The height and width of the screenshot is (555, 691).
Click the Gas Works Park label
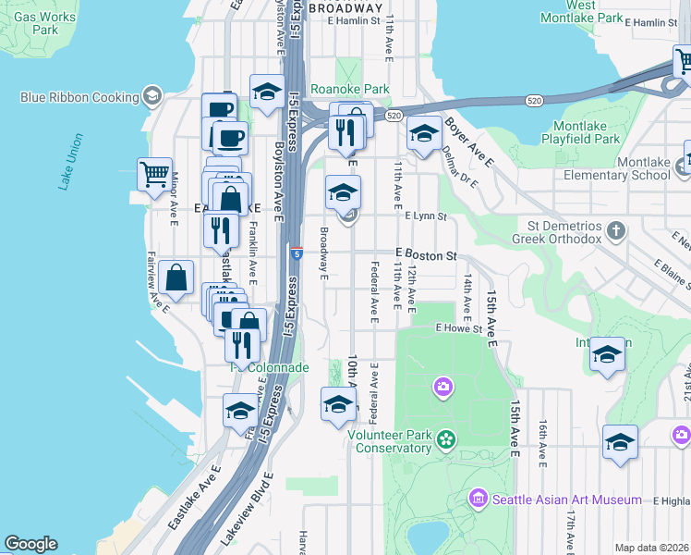44,23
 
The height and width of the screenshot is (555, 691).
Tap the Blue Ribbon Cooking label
79,96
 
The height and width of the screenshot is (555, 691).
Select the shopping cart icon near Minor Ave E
154,173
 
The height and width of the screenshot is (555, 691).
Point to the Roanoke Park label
350,90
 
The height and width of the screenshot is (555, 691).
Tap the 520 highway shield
394,116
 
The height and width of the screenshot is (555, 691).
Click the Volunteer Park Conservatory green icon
447,438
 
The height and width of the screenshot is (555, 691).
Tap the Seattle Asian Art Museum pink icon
478,499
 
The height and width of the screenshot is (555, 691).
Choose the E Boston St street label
426,254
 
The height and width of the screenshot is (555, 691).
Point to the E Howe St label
460,328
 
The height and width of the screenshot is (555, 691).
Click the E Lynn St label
426,216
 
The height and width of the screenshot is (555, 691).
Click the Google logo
30,544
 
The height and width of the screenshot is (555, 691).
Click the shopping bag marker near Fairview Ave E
176,277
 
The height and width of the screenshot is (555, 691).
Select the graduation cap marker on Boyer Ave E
424,135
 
